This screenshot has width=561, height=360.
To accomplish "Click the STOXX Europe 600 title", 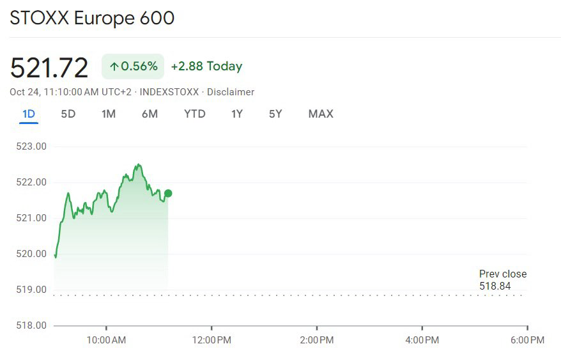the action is point(92,18).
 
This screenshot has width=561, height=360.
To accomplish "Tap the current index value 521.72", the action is point(49,68).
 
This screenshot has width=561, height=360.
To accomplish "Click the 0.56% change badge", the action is point(133,67).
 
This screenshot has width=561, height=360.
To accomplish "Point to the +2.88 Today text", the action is point(206,67).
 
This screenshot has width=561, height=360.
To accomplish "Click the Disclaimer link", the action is point(231,92).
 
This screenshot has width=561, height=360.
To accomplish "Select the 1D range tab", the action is point(29,114).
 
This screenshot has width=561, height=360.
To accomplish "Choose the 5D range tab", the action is point(68,114).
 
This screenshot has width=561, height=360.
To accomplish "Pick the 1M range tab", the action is point(109,114).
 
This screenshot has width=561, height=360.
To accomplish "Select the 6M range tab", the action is point(150,114).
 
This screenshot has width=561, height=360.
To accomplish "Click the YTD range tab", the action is point(195,114).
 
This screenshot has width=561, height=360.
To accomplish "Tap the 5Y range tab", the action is point(275,114).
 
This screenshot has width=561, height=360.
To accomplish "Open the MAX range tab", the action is point(321,114).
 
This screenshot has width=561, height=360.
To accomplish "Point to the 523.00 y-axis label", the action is point(31,146).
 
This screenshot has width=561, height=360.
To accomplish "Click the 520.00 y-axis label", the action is point(31,254).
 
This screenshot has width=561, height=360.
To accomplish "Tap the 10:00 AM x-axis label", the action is point(106,340).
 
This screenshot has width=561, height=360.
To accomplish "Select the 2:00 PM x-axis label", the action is point(317,340).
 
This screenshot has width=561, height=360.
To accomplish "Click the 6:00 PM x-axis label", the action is point(527,340).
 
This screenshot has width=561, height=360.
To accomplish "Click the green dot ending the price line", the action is point(168,194).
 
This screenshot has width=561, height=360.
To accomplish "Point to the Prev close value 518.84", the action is point(495,286).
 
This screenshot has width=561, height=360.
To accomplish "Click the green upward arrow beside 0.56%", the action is point(114,67).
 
